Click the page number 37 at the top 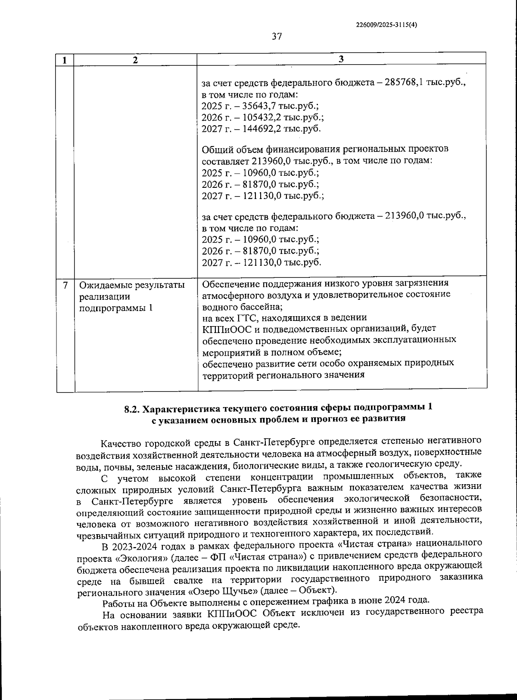(x=277, y=37)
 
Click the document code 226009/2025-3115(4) (x=386, y=25)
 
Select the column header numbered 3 (x=341, y=59)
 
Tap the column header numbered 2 (x=135, y=60)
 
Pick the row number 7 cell (x=65, y=285)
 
